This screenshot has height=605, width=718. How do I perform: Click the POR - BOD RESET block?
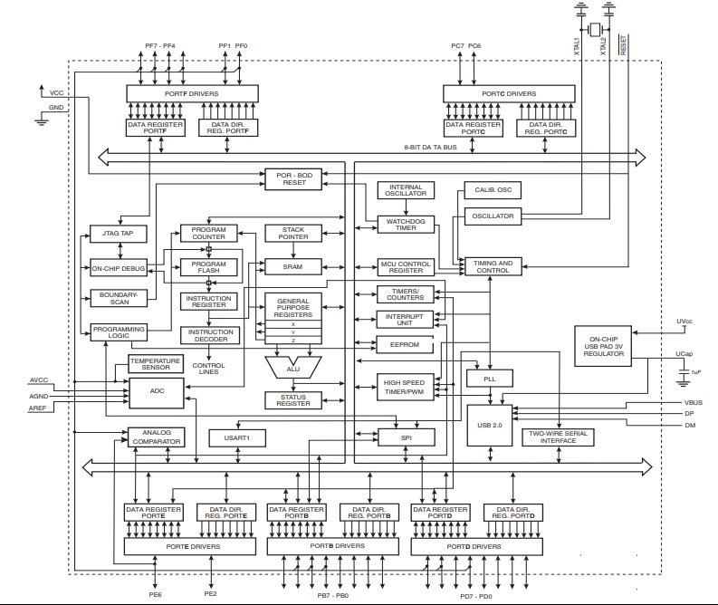[294, 178]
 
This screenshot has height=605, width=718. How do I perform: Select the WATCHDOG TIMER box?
[407, 223]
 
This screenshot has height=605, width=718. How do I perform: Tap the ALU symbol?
[293, 368]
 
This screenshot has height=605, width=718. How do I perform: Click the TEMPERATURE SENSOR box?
[155, 363]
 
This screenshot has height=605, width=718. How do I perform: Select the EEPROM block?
[405, 345]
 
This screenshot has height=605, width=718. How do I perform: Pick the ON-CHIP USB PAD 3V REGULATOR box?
[604, 344]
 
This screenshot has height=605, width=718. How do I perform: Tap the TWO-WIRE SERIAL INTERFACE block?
[559, 437]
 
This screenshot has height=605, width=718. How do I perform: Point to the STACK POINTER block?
[293, 234]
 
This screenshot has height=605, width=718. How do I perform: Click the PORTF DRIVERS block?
[191, 93]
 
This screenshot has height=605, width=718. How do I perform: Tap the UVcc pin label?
[684, 322]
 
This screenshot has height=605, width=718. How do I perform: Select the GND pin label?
[56, 107]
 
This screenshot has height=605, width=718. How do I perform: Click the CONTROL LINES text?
[209, 370]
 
